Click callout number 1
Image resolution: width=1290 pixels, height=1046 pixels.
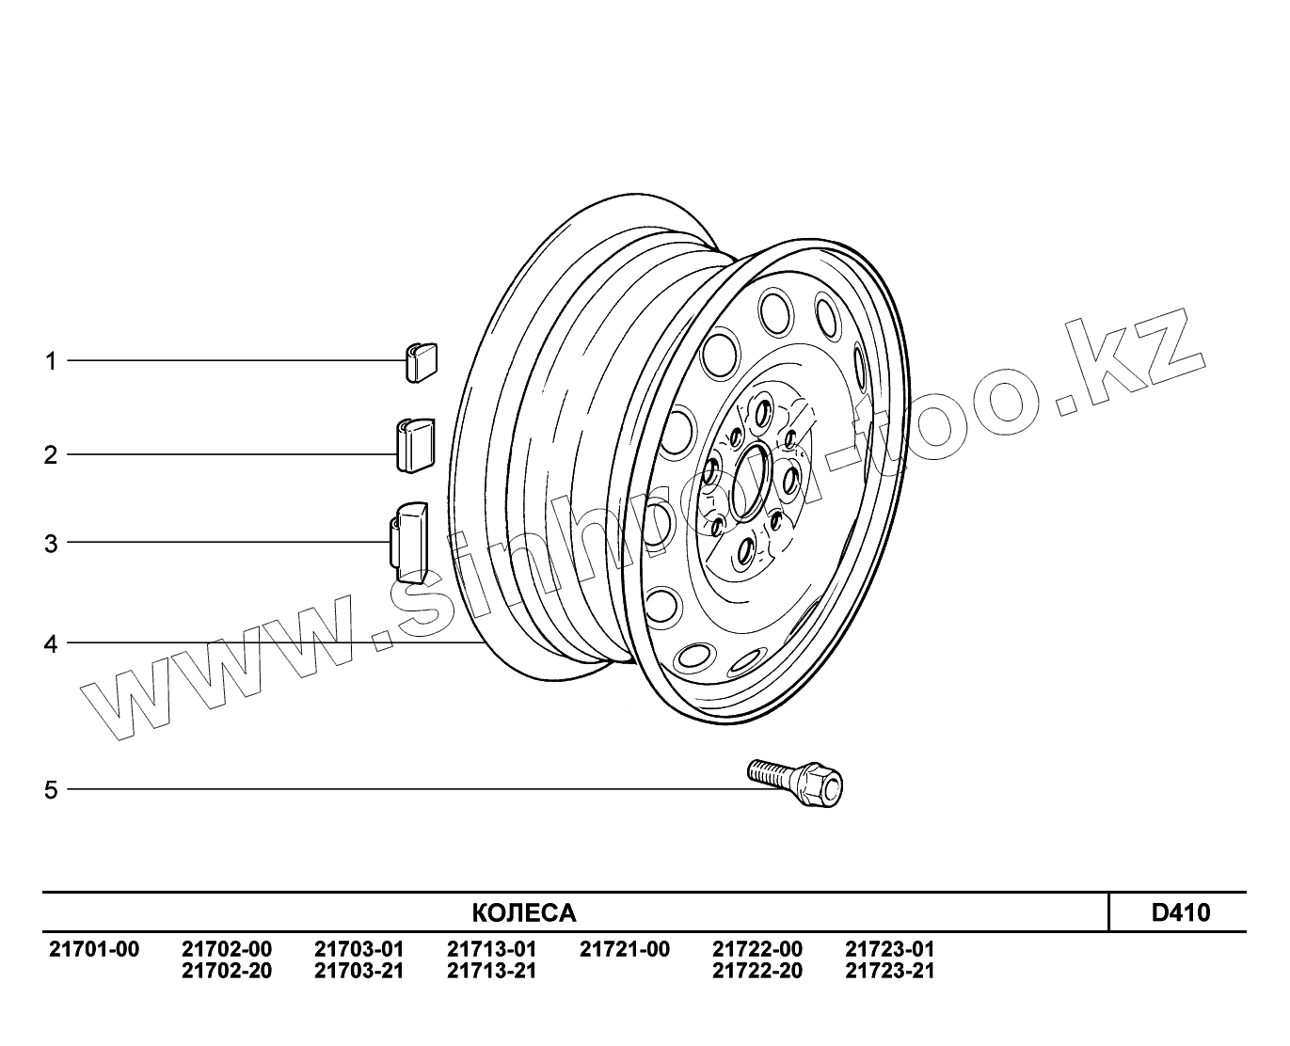(51, 361)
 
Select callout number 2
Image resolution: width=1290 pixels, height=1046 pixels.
(51, 454)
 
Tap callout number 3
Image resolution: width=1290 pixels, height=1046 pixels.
(51, 544)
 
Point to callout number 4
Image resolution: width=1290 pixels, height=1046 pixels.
(51, 644)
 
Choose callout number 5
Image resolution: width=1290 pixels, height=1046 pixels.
(51, 790)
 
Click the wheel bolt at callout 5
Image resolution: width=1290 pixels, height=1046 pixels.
(794, 783)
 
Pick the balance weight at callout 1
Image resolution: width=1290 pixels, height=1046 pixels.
(421, 362)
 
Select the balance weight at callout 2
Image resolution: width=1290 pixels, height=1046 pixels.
(416, 445)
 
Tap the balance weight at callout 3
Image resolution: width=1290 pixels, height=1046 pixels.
(408, 542)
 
